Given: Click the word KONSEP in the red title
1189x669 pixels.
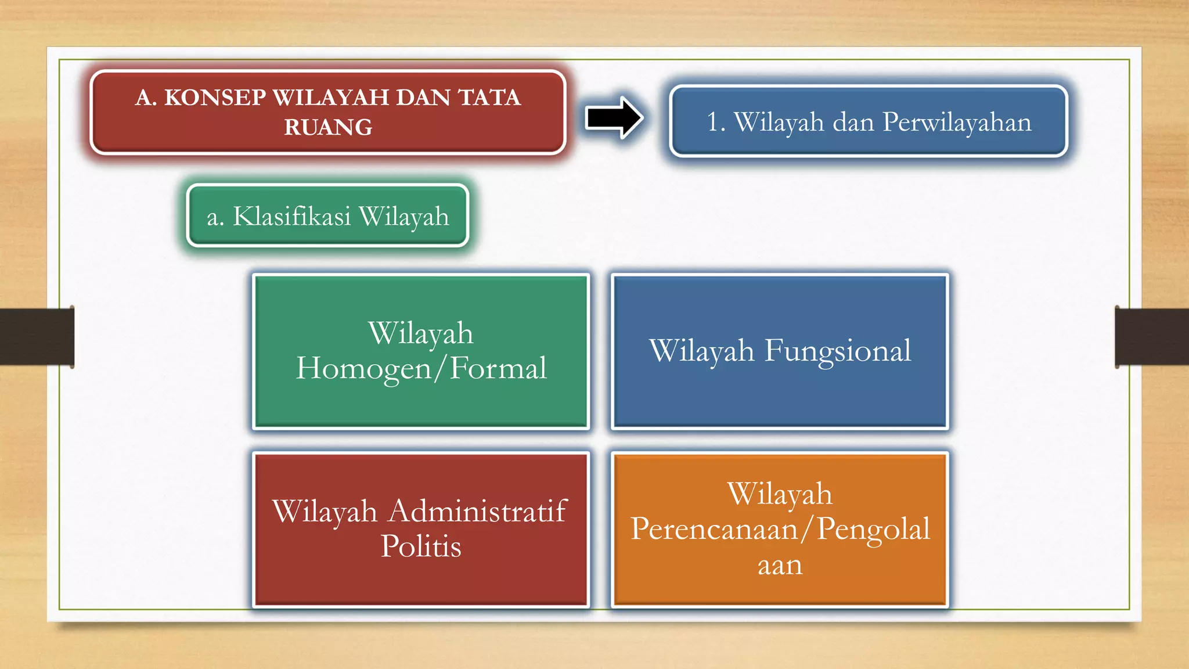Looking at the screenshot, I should coord(215,98).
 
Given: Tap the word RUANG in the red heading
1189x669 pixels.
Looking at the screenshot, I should coord(328,128).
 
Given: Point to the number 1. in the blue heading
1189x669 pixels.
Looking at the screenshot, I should coord(716,123).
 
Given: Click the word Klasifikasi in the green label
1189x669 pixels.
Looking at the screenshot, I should coord(292,217).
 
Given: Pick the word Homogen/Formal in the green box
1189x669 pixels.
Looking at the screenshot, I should coord(421,369).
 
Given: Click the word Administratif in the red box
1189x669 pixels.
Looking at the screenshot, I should coord(477,512).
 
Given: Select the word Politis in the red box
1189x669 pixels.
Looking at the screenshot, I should coord(421,546).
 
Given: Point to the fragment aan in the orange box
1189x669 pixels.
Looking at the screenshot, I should coord(780,565).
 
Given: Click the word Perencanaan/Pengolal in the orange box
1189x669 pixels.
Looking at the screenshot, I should coord(780,530).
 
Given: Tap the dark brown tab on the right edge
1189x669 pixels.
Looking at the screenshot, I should coord(1152,337).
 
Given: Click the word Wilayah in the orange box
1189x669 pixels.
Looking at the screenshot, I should coord(780,495).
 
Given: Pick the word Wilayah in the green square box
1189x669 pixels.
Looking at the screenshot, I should coord(421,334).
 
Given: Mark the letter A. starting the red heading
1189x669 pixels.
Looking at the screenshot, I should coord(146,98).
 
